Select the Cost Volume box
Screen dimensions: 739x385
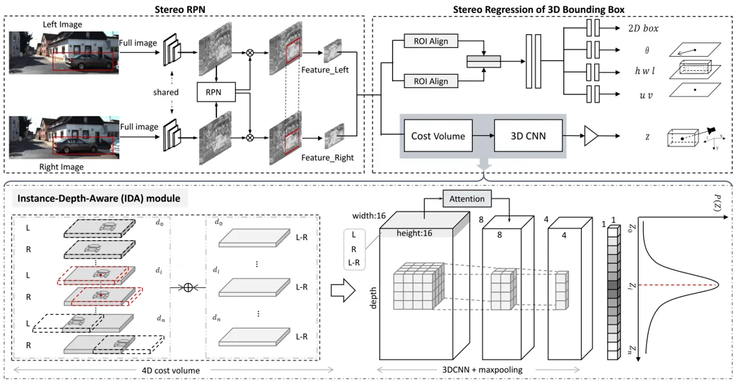(x=438, y=136)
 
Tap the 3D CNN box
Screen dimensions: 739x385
(x=528, y=136)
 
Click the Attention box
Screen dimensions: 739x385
(x=467, y=199)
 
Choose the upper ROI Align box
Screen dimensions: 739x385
(x=431, y=41)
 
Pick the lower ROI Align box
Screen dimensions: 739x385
(x=431, y=81)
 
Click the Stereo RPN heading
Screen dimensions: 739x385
(x=180, y=9)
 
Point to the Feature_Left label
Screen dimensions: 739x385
(x=324, y=70)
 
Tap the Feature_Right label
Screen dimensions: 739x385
(x=328, y=157)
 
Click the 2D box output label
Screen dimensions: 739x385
(x=643, y=28)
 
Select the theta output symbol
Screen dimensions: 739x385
(x=646, y=50)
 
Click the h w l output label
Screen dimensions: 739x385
(x=645, y=71)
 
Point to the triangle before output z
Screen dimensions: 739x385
(x=591, y=136)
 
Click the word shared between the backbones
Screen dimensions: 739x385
(x=166, y=92)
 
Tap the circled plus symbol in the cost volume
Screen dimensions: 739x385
(x=187, y=287)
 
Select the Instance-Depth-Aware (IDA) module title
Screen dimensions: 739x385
(x=98, y=198)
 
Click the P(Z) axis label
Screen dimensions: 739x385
(x=717, y=203)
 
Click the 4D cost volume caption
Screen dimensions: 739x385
(x=171, y=370)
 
